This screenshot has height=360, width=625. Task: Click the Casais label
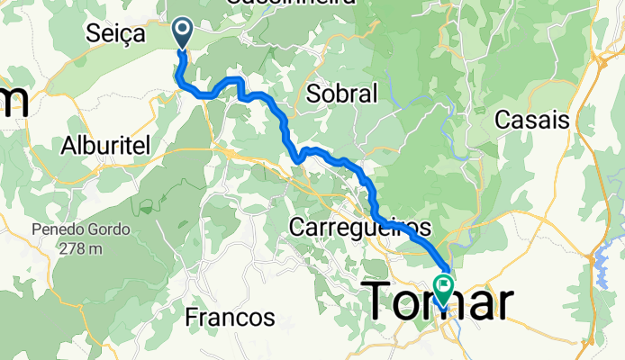pos(532,119)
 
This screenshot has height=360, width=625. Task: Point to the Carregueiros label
pos(359,227)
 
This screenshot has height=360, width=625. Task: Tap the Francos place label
pos(230,317)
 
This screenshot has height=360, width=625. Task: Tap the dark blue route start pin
pos(182,32)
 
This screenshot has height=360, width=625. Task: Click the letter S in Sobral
pos(312,94)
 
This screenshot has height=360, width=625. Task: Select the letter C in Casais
pos(503,119)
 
